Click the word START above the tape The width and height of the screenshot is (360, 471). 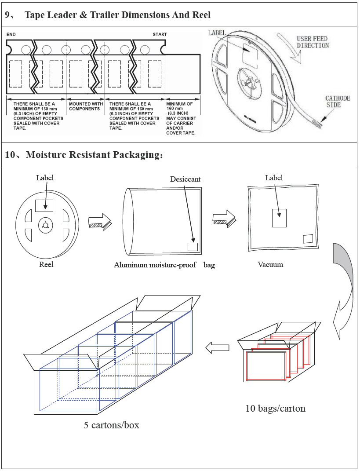[160, 34]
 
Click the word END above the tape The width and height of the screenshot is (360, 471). [11, 34]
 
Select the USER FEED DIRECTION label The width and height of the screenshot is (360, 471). [313, 42]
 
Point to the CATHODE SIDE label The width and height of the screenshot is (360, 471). [338, 102]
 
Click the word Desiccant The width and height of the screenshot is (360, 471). [185, 179]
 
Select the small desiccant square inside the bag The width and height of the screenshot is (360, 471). [193, 247]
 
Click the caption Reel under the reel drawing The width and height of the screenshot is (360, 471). [46, 264]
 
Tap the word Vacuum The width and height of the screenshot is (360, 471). [270, 264]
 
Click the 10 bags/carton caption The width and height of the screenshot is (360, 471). [275, 408]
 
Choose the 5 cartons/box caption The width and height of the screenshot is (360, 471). [112, 425]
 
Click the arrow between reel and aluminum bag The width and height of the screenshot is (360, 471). [101, 221]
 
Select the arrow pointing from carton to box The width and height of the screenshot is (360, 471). [218, 348]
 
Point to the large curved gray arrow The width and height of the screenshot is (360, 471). [343, 290]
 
